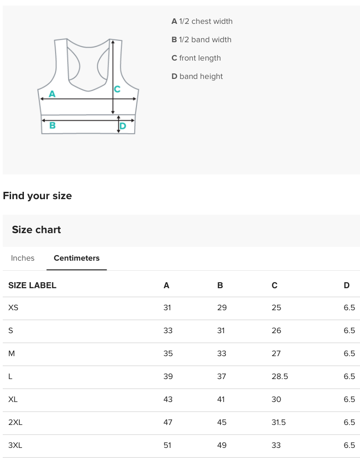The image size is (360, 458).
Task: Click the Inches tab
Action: point(22,258)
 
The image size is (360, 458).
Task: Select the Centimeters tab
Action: point(76,258)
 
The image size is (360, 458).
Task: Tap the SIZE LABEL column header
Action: point(32,285)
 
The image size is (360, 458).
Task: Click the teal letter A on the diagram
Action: point(52,94)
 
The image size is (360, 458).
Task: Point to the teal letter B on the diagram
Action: point(52,125)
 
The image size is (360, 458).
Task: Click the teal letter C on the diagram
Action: point(117,89)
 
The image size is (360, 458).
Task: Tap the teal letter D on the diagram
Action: point(123,126)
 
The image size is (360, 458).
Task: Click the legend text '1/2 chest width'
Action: point(205,21)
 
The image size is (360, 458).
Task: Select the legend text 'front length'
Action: point(200,58)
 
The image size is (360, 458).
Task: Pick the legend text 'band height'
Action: point(201,76)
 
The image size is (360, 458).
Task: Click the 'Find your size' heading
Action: point(37,195)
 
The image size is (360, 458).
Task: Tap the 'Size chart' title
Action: point(36,229)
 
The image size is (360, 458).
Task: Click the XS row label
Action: point(13,307)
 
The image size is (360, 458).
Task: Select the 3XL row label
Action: point(15,445)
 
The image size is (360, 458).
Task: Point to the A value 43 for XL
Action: point(168,399)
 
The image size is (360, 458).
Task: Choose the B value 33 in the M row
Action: point(222,353)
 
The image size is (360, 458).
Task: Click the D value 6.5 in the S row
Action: point(349,330)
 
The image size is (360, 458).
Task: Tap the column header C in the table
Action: point(274,285)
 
